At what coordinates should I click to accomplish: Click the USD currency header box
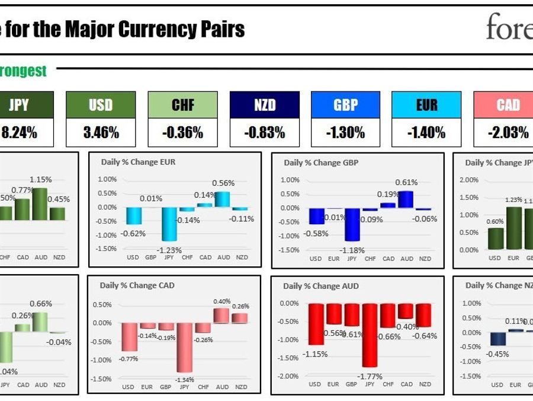point(101,105)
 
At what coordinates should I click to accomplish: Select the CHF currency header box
point(183,105)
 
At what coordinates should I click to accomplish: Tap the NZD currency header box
point(265,105)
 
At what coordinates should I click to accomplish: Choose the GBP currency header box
point(346,105)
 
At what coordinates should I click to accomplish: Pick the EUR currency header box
point(426,105)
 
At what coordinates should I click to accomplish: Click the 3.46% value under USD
point(101,133)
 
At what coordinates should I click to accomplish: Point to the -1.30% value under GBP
point(346,133)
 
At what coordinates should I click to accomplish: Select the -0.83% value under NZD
point(265,133)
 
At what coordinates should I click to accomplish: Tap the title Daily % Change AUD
point(314,286)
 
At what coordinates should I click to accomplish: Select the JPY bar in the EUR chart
point(169,224)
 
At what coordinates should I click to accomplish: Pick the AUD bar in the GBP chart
point(407,199)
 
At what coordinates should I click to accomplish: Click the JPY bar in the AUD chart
point(370,335)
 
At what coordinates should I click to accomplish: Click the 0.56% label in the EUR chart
point(223,183)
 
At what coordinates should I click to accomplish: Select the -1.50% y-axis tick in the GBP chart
point(290,250)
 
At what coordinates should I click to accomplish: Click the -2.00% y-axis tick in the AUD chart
point(289,376)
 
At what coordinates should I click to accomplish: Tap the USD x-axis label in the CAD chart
point(129,387)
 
